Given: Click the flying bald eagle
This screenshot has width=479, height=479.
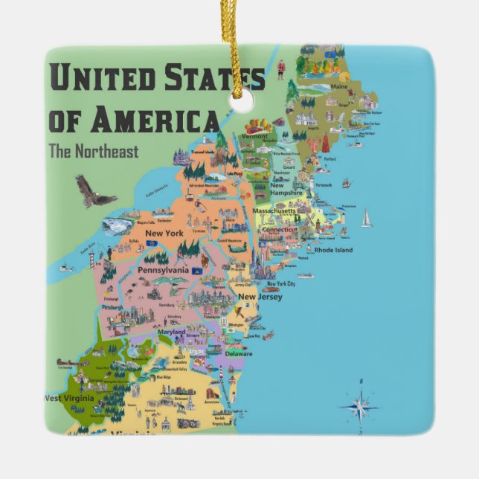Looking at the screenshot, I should [94, 193].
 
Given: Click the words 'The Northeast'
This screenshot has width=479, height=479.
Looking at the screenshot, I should [93, 151].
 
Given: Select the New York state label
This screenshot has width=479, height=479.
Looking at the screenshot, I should [164, 234].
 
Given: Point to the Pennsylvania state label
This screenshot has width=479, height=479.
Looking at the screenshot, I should [163, 270].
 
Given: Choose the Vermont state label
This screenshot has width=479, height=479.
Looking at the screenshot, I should [255, 136].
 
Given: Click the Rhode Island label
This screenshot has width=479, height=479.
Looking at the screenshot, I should [332, 250].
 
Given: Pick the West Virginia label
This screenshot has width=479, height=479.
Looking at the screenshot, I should [68, 398].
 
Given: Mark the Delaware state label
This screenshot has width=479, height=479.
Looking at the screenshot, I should [238, 353].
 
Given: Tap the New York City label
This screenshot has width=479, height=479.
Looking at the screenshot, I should [281, 284].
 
